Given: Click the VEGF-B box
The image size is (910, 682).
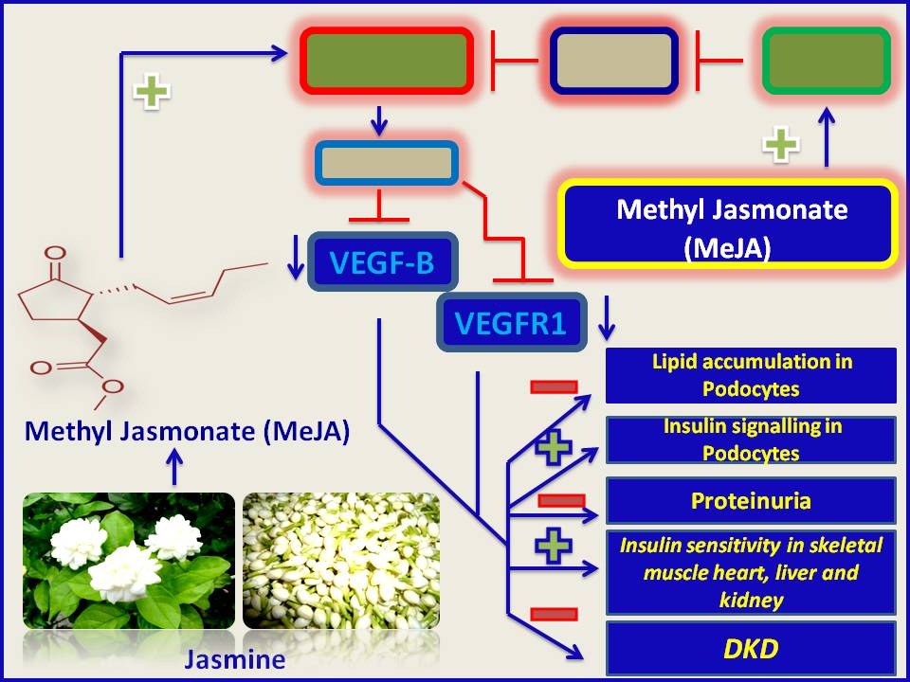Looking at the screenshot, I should tap(382, 261).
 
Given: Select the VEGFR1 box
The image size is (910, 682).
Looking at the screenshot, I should tap(511, 323).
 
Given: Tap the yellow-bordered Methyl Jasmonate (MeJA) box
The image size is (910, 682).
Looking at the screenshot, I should tap(728, 224).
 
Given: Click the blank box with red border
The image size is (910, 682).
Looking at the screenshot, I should tap(387, 62).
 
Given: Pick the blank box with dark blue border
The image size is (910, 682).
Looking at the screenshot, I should tap(614, 62).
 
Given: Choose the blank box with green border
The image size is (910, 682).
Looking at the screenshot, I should tap(827, 62).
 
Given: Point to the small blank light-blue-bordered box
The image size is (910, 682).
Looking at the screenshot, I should tap(386, 163).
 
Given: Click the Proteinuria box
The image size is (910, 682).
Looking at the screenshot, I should tap(751, 500).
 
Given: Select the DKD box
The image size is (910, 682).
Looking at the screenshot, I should tap(751, 648).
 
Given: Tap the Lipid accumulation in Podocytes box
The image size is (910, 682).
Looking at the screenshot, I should tap(751, 375).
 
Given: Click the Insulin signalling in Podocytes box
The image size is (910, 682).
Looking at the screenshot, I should tap(751, 440).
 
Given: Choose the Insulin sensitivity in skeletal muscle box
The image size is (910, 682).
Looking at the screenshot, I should tap(751, 572).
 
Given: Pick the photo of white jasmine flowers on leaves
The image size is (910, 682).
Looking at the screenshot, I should tap(129, 561).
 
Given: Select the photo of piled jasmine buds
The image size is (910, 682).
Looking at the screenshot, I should tap(341, 561).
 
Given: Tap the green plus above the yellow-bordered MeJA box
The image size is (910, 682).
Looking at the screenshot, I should tap(781, 145).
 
